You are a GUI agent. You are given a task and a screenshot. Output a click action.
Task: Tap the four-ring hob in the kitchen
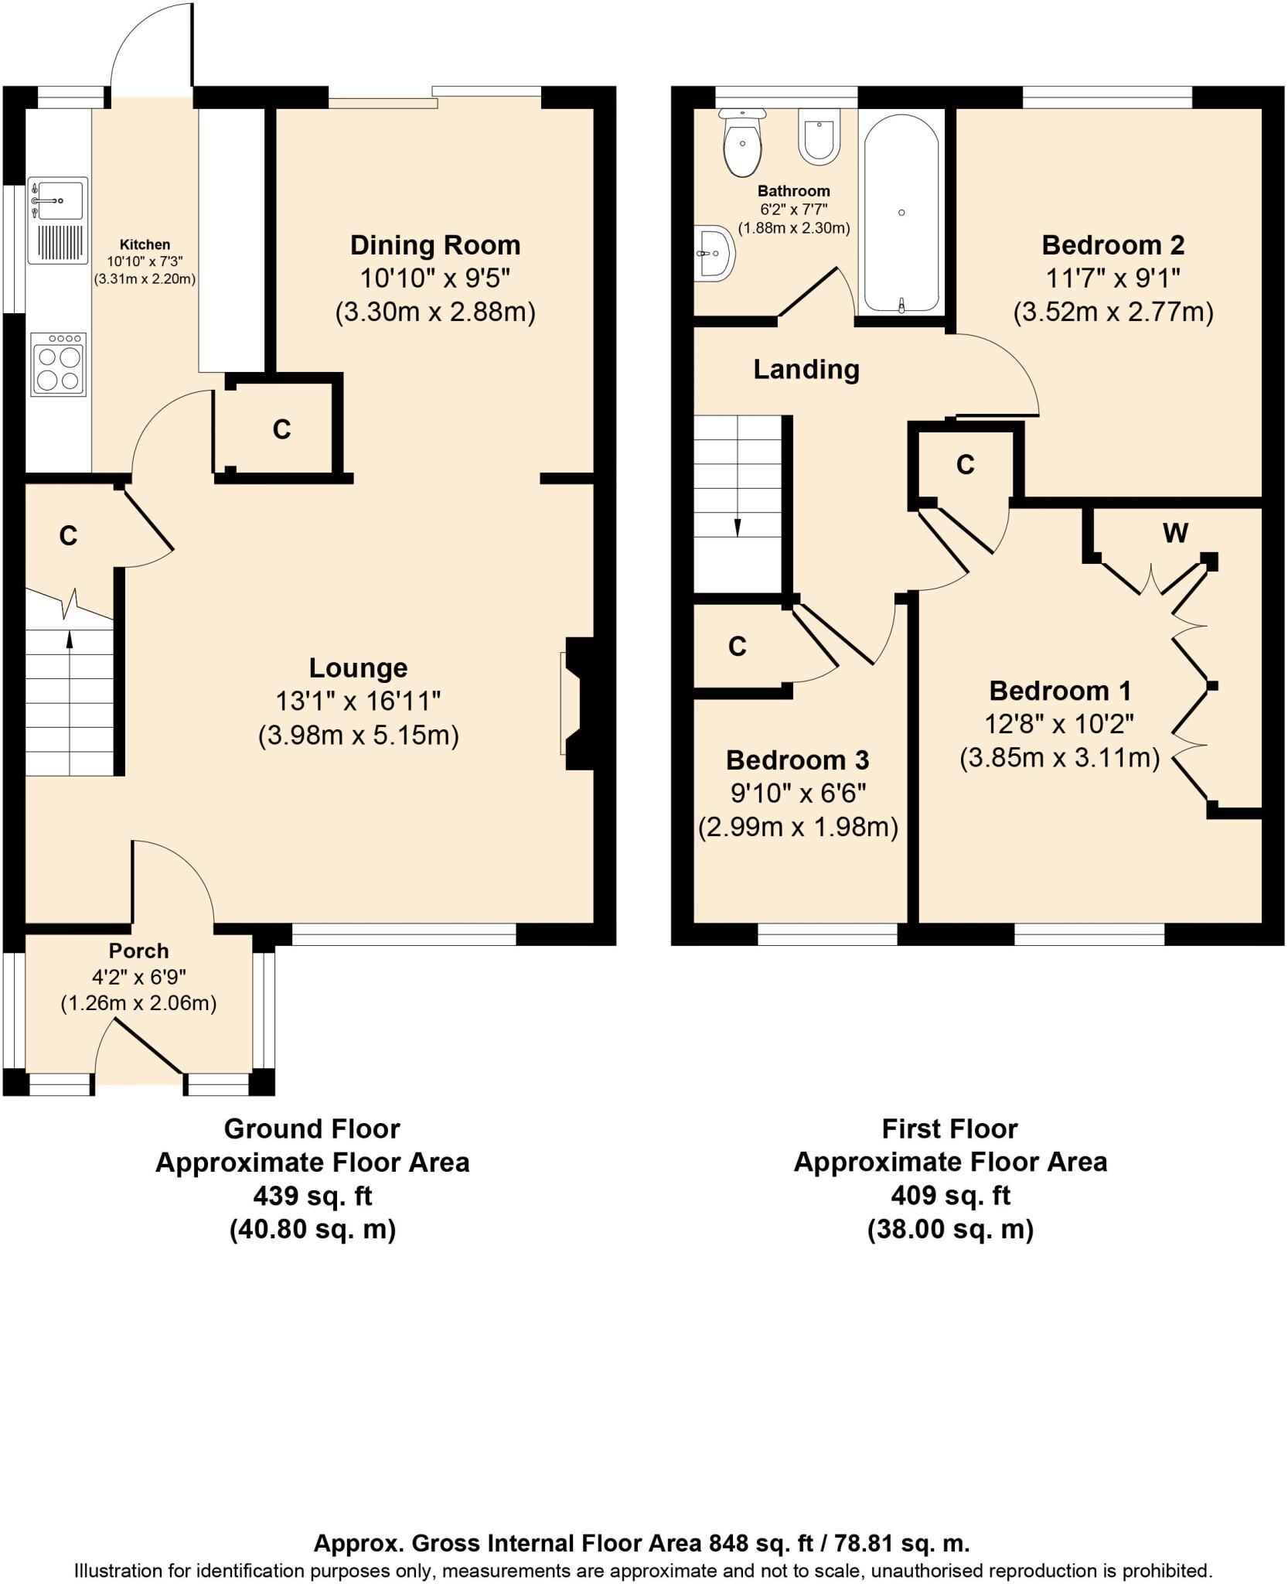(58, 365)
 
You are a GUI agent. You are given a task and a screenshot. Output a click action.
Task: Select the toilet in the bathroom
(743, 142)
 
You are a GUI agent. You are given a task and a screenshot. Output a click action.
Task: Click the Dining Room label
(435, 245)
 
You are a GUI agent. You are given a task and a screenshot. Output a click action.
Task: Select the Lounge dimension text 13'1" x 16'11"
(358, 702)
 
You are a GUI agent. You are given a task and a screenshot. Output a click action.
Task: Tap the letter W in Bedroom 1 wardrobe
(1175, 533)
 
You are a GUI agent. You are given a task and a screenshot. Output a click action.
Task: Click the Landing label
(806, 370)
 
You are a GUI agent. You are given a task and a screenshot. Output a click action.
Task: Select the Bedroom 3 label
(797, 760)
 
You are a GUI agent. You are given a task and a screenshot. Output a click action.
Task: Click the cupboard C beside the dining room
(281, 429)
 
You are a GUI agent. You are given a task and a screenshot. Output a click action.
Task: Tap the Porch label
(138, 951)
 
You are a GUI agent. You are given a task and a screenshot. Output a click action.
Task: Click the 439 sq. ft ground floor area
(312, 1197)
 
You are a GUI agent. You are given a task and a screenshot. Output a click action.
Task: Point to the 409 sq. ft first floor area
(950, 1196)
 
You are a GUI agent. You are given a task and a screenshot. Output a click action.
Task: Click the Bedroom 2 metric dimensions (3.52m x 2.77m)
(1113, 312)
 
